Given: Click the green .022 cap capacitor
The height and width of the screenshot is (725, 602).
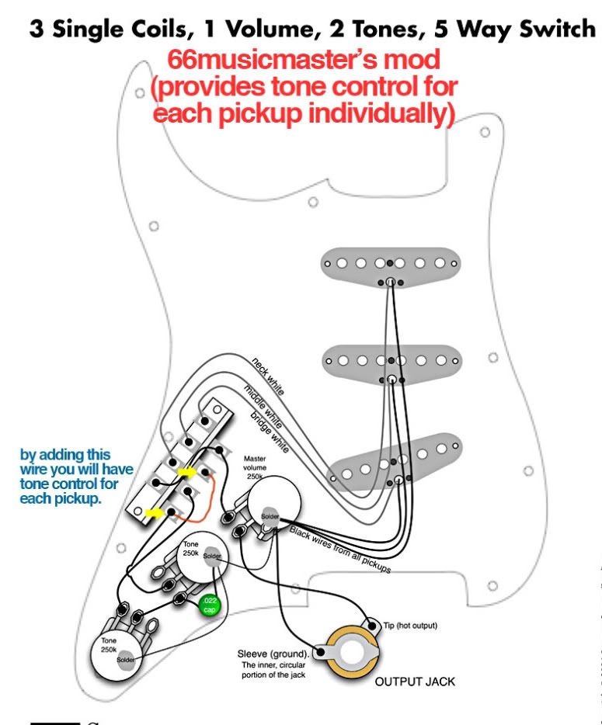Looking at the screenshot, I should (x=210, y=605).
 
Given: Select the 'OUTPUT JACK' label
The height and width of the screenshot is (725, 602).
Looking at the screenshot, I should (x=415, y=682).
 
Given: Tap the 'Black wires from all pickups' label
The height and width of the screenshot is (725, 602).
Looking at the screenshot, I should (x=339, y=550).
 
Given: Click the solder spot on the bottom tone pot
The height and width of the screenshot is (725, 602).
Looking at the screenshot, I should (x=125, y=660).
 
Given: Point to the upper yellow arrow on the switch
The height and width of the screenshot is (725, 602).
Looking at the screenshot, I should (x=187, y=470).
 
